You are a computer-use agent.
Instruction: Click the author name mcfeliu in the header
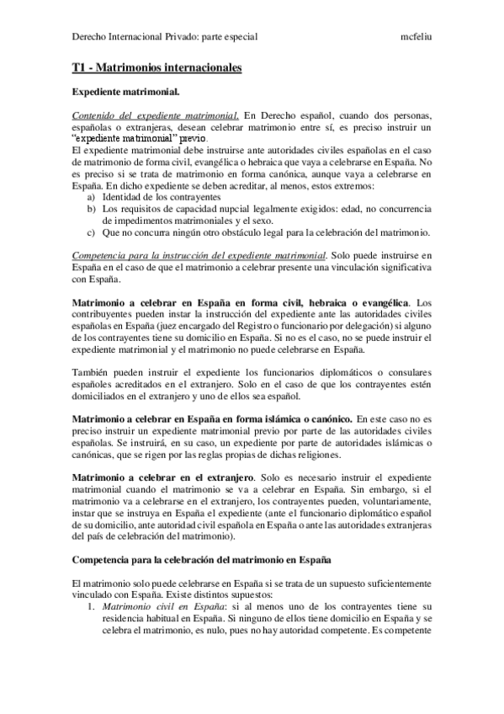417,37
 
